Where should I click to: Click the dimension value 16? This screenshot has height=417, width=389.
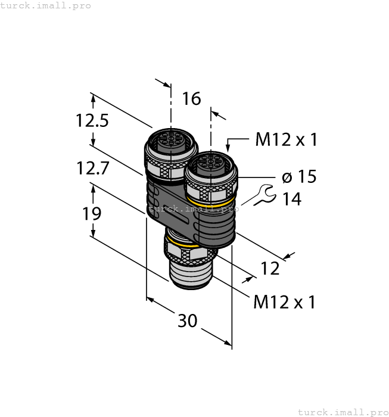coord(192,98)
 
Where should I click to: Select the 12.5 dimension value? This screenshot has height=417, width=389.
coord(92,121)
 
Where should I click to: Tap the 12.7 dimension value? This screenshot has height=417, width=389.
coord(92,169)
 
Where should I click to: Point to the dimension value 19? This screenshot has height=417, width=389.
coord(92,213)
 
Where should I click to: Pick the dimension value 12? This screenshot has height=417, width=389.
coord(270,269)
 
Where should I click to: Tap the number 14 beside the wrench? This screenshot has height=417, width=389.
coord(291,199)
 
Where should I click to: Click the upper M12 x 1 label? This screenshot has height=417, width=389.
coord(286,140)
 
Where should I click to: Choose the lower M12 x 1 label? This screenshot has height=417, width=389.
coord(284,302)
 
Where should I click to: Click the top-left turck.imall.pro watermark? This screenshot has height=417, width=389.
coord(46,5)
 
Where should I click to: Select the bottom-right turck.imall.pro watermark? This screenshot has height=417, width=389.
coord(342,412)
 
